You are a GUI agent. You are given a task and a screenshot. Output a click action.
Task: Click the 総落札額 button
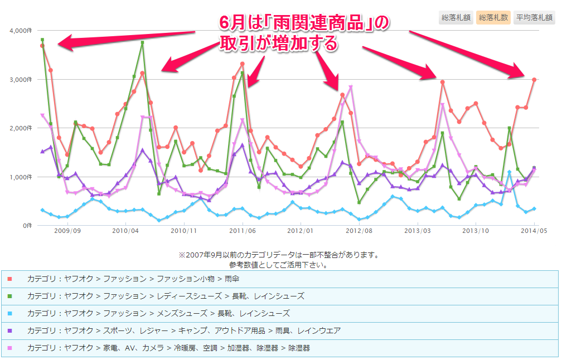click(456, 17)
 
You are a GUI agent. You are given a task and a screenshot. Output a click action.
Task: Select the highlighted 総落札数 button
click(493, 17)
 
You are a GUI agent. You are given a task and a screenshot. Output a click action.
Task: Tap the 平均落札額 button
click(534, 17)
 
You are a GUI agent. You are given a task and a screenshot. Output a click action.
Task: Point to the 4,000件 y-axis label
click(20, 31)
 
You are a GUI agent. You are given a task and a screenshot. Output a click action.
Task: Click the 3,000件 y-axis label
click(20, 80)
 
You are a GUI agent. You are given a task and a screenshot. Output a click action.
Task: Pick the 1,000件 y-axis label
click(20, 177)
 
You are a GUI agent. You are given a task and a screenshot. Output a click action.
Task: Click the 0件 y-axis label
click(26, 226)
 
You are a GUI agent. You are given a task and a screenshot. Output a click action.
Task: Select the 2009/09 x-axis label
click(67, 230)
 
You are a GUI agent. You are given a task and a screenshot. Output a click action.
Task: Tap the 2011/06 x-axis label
click(243, 230)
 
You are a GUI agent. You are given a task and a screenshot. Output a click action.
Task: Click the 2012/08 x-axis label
click(360, 230)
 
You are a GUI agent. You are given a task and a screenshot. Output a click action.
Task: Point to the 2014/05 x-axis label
click(535, 230)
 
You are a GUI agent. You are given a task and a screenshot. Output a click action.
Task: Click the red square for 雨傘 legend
click(10, 279)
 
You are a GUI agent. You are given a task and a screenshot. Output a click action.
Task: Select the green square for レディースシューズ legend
click(10, 296)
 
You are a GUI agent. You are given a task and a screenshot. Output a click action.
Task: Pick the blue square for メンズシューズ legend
click(10, 313)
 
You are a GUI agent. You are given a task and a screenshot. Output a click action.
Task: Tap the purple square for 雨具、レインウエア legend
click(10, 330)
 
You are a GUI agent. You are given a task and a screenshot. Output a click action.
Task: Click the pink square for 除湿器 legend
click(10, 348)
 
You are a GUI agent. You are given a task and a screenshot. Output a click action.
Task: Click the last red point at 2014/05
click(534, 80)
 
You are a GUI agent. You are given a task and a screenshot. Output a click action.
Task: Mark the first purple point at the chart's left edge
click(42, 152)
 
